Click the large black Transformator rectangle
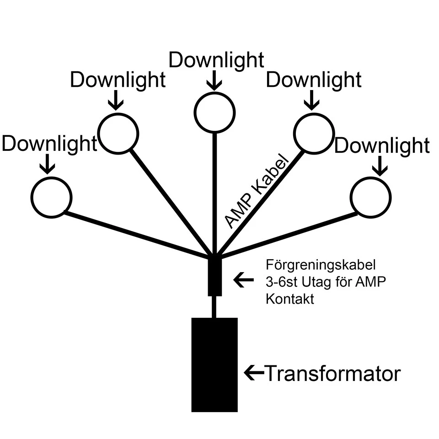214,364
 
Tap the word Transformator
333,374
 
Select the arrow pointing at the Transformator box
254,373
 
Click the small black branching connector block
214,277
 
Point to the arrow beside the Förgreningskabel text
243,279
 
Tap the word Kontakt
289,300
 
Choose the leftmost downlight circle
51,197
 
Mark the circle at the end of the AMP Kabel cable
313,133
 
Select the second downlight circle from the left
118,133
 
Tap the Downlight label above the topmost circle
216,60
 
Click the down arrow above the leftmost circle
47,164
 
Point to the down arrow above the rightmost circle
379,165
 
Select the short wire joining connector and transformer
214,306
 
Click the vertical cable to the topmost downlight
214,192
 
